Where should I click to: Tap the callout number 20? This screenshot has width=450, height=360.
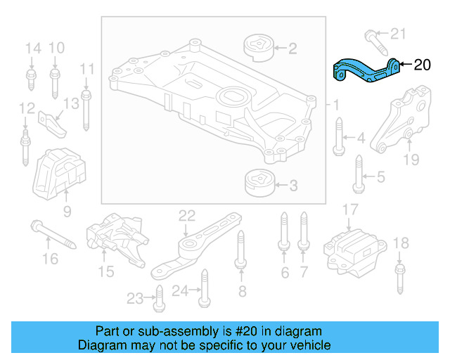click(422, 65)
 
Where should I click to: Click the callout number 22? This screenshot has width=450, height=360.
click(186, 216)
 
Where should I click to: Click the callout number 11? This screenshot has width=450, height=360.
click(86, 68)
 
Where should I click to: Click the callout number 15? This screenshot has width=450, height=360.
click(105, 271)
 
